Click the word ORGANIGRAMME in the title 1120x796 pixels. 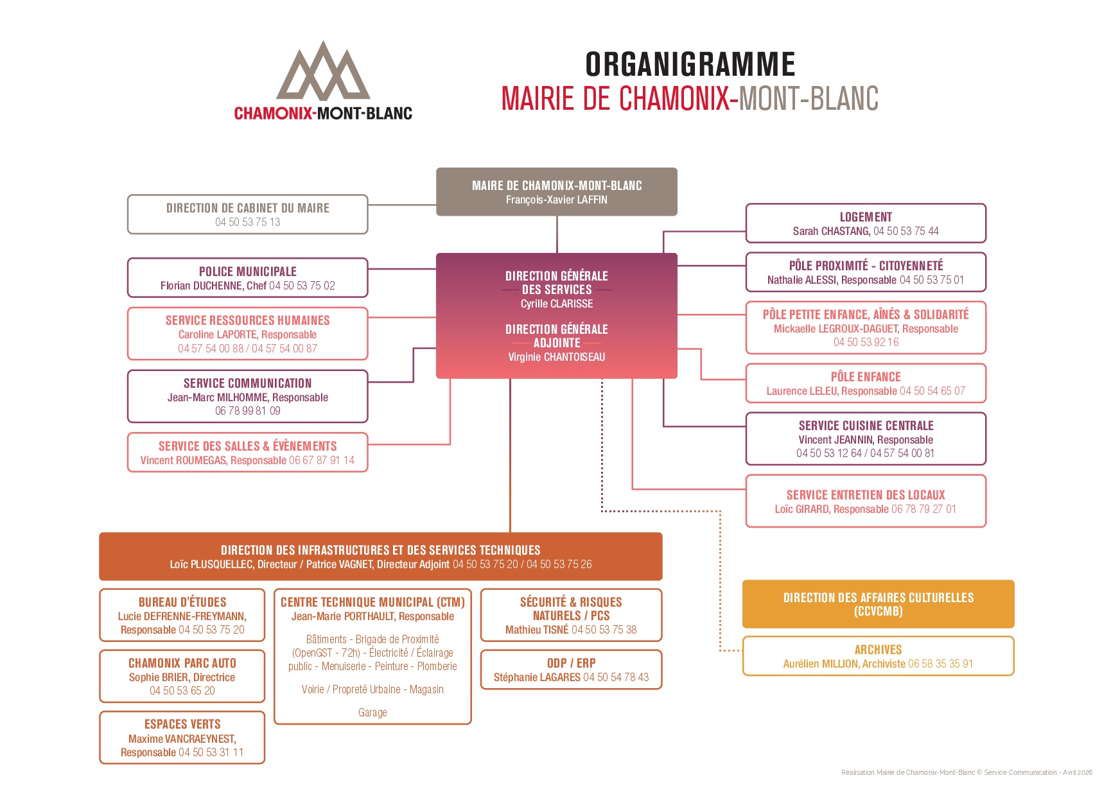690,64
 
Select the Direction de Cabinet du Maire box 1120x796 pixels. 248,214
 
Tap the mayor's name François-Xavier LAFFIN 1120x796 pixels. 556,200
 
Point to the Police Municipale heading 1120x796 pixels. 248,272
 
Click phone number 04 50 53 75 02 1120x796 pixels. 302,286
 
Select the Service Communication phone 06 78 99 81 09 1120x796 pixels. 248,411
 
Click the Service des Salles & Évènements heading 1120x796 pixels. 248,446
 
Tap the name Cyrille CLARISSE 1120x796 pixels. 556,304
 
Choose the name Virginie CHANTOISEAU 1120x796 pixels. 556,357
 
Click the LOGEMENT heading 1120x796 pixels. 866,217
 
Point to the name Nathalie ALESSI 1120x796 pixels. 802,280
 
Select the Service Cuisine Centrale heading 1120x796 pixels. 866,426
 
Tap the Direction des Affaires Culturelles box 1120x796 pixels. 878,604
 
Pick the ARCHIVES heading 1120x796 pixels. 878,650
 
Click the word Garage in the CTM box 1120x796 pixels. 372,713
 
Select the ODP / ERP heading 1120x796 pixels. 571,663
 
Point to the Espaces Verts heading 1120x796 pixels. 182,724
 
